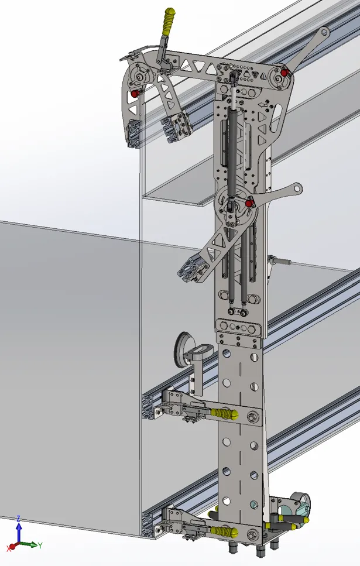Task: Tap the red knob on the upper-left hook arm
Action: (x=135, y=94)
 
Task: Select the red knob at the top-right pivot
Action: (x=284, y=73)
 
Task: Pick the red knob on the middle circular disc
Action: (x=249, y=203)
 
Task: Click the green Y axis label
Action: (x=40, y=546)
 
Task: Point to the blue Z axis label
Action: (x=18, y=519)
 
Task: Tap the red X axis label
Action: (x=8, y=548)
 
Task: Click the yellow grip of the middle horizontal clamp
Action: (x=224, y=414)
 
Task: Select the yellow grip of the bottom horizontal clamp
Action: (x=224, y=531)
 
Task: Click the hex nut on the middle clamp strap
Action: (x=252, y=418)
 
